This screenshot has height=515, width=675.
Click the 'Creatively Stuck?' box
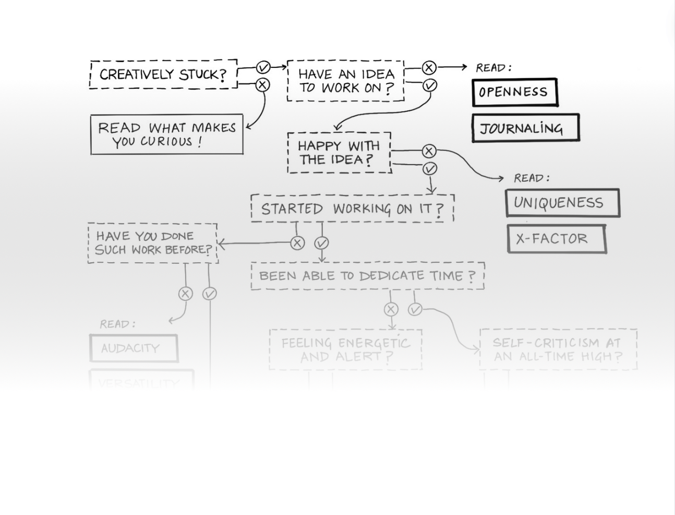click(163, 74)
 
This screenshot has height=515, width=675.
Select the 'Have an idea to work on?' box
click(345, 81)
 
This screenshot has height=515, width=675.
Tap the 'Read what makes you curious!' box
click(166, 135)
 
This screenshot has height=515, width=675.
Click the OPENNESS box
click(514, 92)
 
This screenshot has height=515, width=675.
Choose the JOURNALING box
click(525, 128)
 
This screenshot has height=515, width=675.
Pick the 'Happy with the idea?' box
click(339, 153)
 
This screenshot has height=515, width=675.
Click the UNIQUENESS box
click(562, 203)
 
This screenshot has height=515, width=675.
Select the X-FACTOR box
click(556, 239)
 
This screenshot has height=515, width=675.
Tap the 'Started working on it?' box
click(352, 209)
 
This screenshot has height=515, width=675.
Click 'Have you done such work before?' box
click(153, 243)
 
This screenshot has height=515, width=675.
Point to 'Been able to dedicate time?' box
click(367, 276)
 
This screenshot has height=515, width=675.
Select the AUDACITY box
click(134, 348)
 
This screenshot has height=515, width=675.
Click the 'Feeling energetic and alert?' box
click(345, 350)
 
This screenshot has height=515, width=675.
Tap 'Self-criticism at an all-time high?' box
click(558, 350)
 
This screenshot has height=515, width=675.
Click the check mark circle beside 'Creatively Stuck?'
click(263, 67)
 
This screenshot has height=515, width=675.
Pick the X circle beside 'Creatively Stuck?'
click(262, 85)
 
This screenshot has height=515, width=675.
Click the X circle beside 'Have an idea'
click(429, 67)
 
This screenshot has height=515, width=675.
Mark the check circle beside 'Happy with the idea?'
click(429, 169)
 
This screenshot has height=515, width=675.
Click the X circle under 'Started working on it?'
click(297, 243)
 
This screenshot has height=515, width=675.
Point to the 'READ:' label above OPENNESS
click(493, 68)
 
